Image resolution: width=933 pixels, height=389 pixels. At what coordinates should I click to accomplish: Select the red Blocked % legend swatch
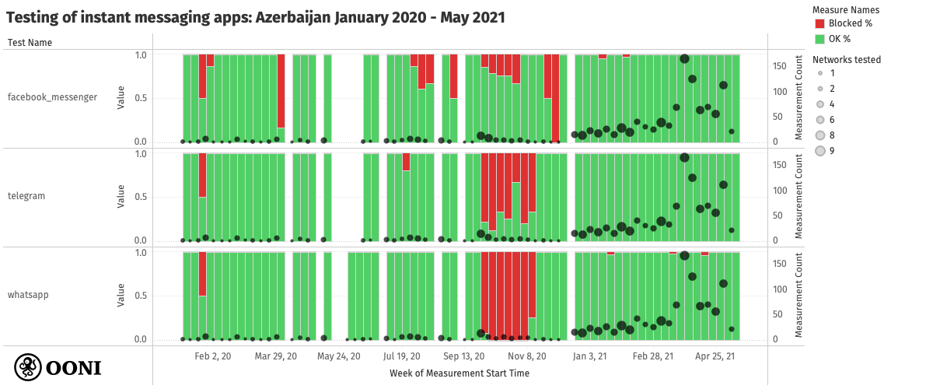[x=819, y=23]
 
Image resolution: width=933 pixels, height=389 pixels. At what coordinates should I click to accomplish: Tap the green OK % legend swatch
[x=819, y=39]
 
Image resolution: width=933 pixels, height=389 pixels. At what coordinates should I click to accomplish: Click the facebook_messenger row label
[x=52, y=97]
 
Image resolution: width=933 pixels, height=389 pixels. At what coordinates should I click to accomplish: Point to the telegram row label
[x=26, y=196]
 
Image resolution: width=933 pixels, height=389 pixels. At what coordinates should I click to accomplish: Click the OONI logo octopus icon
[x=29, y=366]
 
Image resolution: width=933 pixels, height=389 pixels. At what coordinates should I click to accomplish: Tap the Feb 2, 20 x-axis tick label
[x=212, y=356]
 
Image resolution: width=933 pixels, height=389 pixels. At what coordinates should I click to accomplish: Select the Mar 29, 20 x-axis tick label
[x=275, y=356]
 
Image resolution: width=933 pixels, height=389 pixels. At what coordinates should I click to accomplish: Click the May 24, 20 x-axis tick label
[x=339, y=356]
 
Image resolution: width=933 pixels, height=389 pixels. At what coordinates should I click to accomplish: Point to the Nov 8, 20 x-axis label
[x=528, y=356]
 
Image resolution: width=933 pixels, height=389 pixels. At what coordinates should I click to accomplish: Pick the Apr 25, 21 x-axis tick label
[x=715, y=356]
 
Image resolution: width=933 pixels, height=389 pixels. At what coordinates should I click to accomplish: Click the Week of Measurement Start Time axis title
[x=460, y=373]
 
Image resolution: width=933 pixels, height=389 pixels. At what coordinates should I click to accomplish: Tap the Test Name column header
[x=30, y=43]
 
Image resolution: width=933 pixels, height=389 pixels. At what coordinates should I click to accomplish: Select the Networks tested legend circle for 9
[x=819, y=151]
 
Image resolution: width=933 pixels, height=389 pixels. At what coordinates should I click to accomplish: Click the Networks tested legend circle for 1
[x=819, y=73]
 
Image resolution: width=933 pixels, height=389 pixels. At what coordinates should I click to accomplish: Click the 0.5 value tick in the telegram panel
[x=141, y=196]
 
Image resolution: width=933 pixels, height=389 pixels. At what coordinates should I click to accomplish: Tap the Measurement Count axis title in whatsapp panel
[x=798, y=295]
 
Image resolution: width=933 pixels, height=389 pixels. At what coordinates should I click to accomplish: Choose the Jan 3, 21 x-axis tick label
[x=589, y=356]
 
